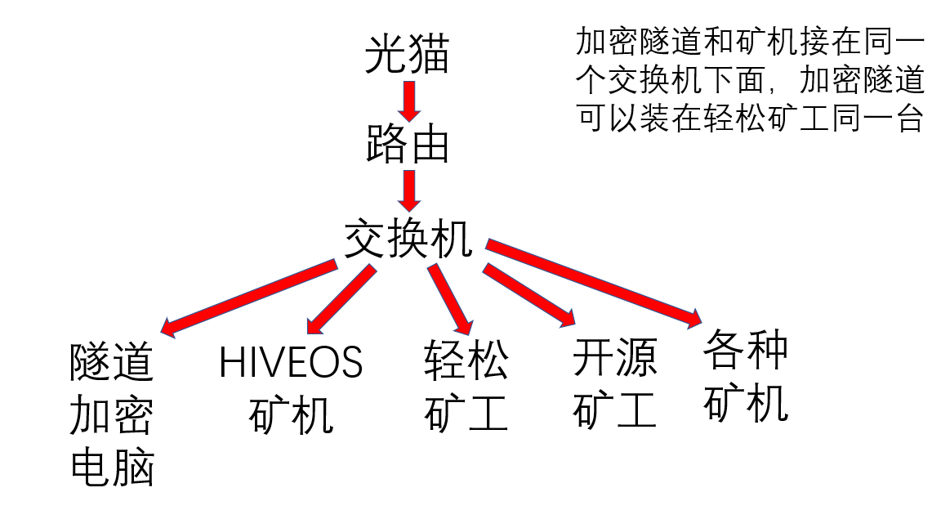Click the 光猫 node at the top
click(407, 55)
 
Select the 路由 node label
click(407, 145)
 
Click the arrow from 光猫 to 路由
click(408, 99)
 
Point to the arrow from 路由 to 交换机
click(408, 190)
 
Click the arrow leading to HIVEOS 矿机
click(338, 300)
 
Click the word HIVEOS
click(291, 362)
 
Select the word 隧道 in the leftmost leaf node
click(112, 362)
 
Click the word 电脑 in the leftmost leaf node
click(112, 467)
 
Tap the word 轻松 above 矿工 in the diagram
click(466, 362)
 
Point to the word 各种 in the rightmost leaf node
click(745, 349)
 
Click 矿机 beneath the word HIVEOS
click(291, 414)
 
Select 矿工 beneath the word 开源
click(614, 409)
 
